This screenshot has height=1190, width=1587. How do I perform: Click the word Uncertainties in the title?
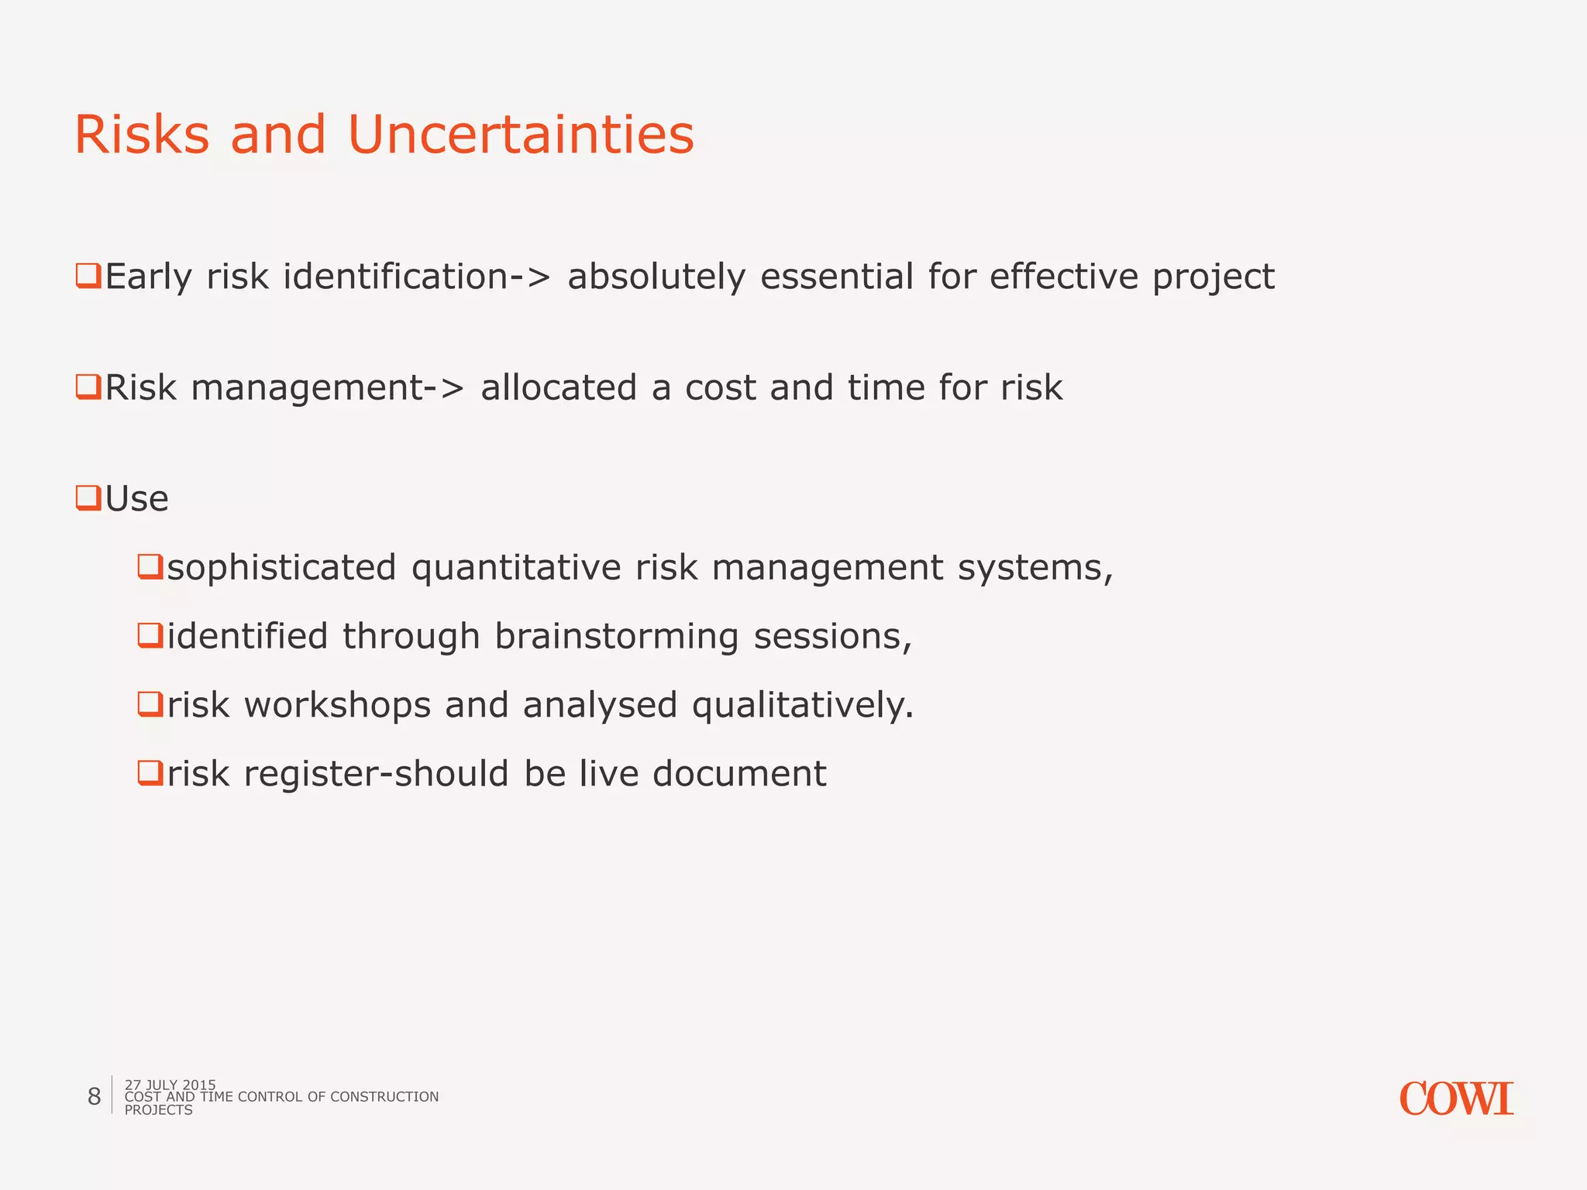coord(521,135)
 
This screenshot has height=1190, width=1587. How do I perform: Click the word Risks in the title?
coord(142,135)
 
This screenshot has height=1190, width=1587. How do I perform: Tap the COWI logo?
coord(1456,1099)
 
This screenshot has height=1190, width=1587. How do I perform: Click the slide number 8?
coord(94,1096)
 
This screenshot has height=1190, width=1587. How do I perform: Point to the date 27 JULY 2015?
coord(170,1085)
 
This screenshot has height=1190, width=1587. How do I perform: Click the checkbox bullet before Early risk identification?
coord(88,276)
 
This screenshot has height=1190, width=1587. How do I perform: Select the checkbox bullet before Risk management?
coord(88,387)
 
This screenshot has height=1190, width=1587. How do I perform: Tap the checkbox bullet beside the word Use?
coord(88,497)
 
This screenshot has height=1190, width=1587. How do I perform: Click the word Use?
coord(137,499)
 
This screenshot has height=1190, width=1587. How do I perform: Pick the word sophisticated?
coord(281,568)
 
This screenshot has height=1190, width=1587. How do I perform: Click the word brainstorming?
coord(616,637)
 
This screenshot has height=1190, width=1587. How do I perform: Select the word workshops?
coord(337,705)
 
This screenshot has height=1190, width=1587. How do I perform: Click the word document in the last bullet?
coord(739,774)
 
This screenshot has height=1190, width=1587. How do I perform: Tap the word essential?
coord(836,277)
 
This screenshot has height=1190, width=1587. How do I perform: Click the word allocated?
coord(559,387)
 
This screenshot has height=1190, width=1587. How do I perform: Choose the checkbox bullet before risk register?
coord(150,772)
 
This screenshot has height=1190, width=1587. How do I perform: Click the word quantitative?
coord(516,569)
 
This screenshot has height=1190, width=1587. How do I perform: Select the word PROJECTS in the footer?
coord(158,1110)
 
